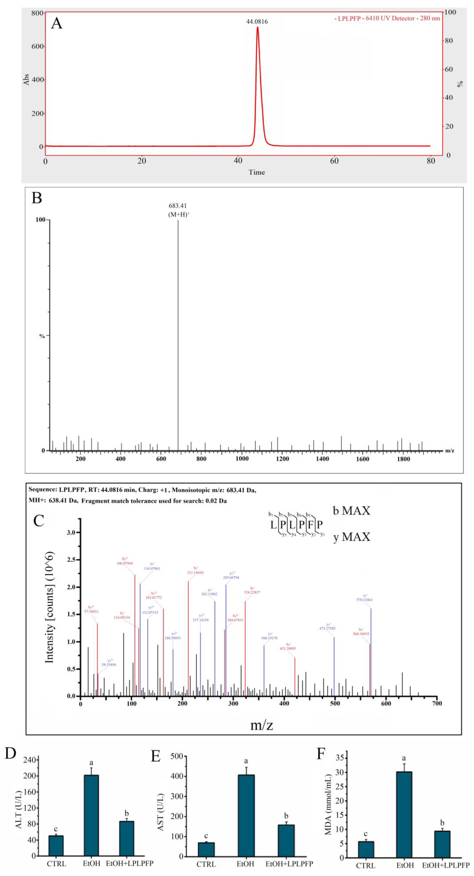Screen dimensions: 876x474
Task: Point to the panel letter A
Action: pyautogui.click(x=57, y=24)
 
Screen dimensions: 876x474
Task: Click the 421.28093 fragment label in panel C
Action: pyautogui.click(x=288, y=649)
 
